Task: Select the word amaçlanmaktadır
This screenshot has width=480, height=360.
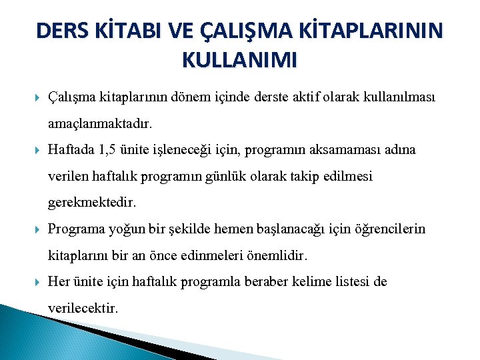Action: [100, 124]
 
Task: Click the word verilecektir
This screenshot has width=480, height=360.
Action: [83, 308]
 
